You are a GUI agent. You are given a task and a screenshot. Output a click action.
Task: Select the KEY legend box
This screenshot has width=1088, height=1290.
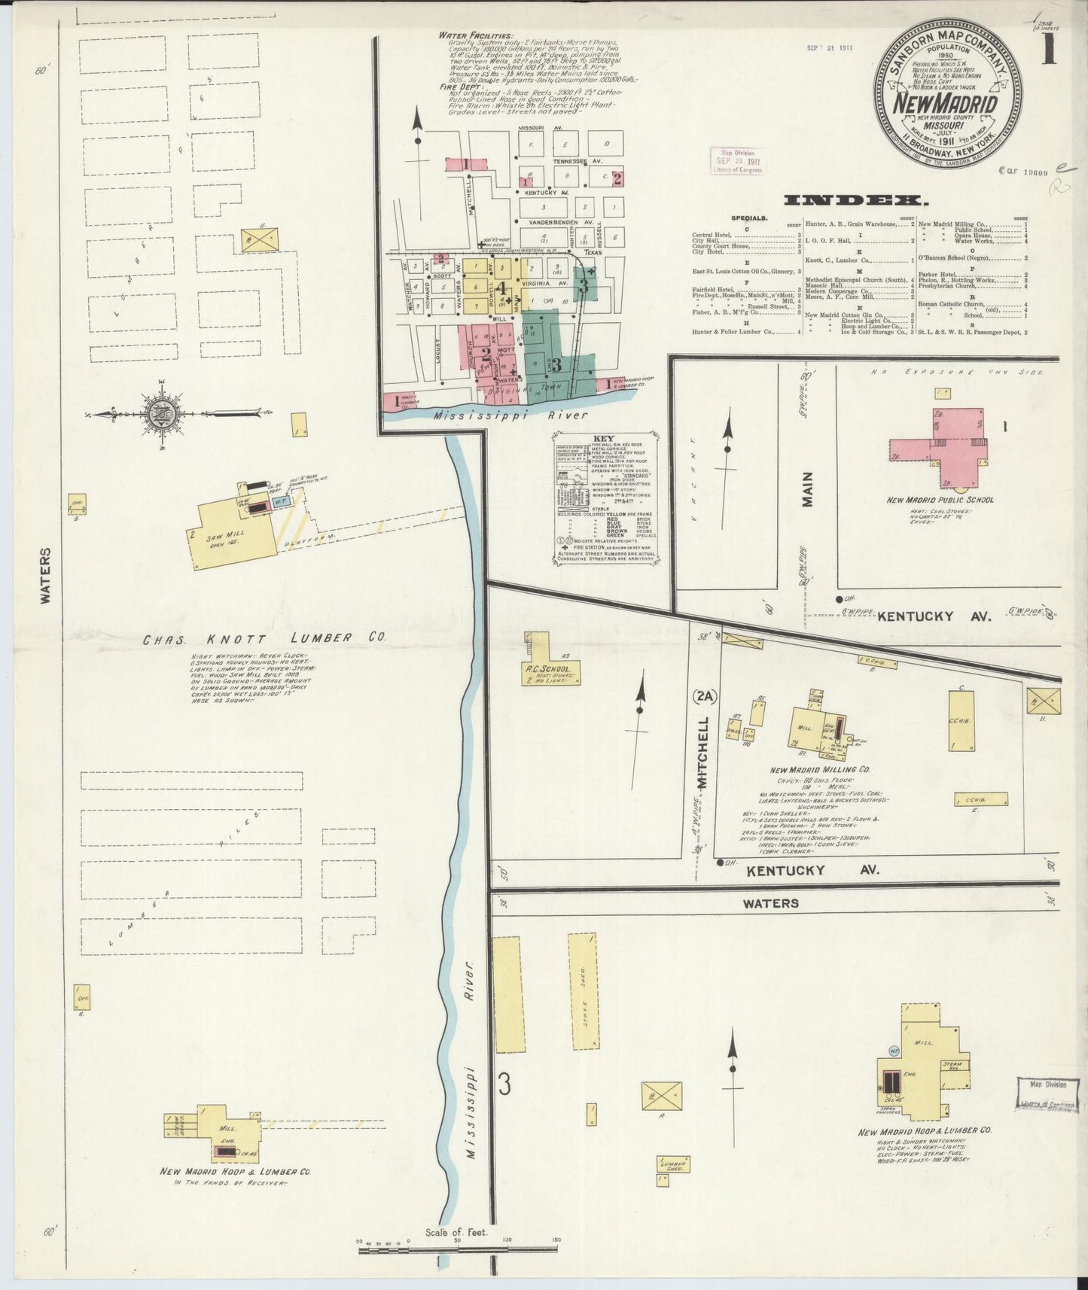(605, 498)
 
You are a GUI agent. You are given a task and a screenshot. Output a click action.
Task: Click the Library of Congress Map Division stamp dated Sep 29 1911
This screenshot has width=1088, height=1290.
(737, 160)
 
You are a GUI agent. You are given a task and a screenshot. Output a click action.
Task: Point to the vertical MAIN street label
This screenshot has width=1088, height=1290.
(807, 488)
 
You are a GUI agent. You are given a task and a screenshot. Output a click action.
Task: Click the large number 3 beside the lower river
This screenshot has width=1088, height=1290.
(504, 1085)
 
